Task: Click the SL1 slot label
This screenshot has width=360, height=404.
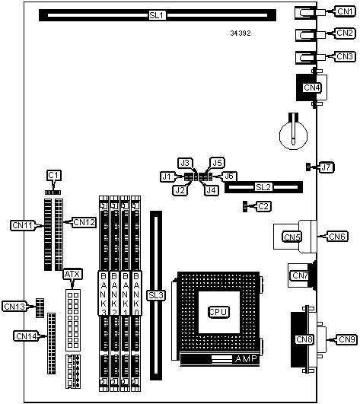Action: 157,15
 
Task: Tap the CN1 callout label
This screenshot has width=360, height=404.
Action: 345,11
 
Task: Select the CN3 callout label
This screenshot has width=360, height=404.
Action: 345,56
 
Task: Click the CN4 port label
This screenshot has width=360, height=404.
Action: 312,87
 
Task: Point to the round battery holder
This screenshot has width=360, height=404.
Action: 293,135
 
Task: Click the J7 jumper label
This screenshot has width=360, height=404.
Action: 326,167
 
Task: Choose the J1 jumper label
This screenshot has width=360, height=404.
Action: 167,177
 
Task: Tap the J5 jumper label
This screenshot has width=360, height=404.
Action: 217,163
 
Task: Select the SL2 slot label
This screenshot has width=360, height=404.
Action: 263,187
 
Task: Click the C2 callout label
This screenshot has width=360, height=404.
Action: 263,206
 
